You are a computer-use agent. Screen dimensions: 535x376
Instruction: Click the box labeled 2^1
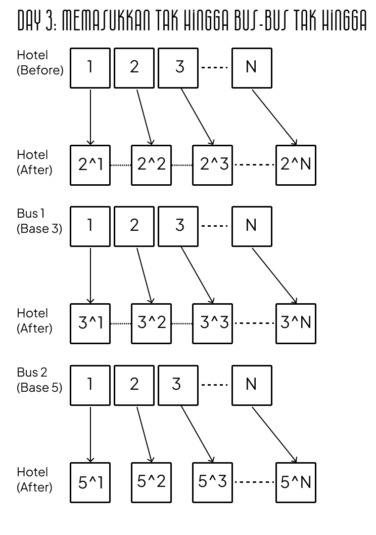coord(90,165)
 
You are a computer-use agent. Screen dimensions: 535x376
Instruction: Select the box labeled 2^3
coord(212,165)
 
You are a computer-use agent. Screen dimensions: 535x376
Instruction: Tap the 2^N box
coord(296,165)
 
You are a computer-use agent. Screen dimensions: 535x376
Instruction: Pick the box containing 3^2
coord(152,323)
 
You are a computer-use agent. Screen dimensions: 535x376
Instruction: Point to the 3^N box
coord(296,323)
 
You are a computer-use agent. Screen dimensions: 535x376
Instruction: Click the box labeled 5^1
coord(90,482)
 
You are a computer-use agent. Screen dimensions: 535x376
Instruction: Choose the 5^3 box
coord(212,482)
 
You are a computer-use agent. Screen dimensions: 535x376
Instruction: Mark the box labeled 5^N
coord(296,482)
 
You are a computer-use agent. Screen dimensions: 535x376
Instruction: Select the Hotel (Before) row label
coord(39,63)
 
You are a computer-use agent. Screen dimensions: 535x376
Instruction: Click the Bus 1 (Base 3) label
coord(39,221)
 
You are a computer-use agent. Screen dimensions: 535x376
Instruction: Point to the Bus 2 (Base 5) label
coord(39,380)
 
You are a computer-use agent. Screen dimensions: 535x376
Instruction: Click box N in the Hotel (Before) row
coord(252,68)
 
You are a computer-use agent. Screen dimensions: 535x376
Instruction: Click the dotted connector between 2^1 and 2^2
coord(121,165)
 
